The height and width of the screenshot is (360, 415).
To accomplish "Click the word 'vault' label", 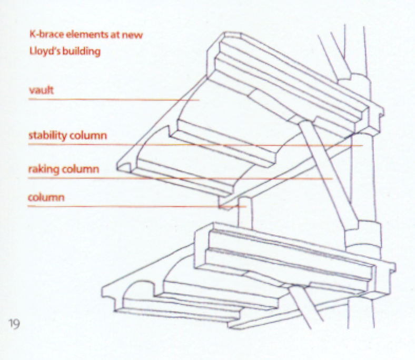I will (x=41, y=91).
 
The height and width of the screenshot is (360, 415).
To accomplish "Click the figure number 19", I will (x=14, y=324).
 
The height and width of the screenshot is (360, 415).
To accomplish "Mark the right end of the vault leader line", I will (x=199, y=99).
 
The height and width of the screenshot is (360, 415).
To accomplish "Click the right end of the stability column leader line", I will (x=363, y=145).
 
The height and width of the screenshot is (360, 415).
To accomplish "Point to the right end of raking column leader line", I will (x=332, y=179).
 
